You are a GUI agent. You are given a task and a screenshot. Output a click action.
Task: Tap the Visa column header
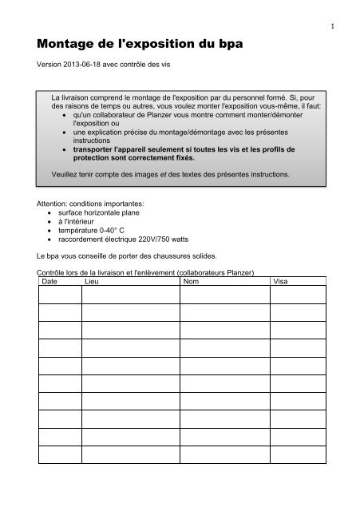click(x=281, y=281)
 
